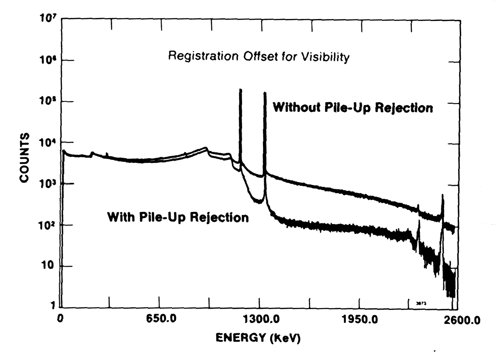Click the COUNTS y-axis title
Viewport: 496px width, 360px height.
pyautogui.click(x=24, y=158)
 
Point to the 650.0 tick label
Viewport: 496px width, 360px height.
pyautogui.click(x=159, y=320)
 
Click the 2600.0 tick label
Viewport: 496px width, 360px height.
pyautogui.click(x=458, y=320)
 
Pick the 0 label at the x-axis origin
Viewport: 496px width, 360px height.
pyautogui.click(x=61, y=319)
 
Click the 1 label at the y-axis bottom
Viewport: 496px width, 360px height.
pyautogui.click(x=52, y=307)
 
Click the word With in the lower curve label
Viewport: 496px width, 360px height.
pyautogui.click(x=121, y=217)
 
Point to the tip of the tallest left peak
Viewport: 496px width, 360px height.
pyautogui.click(x=240, y=90)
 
